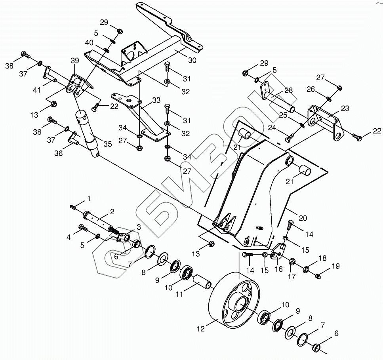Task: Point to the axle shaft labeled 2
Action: pos(99,220)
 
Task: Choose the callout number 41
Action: pos(37,90)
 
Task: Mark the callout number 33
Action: pos(156,100)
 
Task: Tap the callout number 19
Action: pos(335,266)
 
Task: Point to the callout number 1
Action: pos(89,198)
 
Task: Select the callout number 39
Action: pos(75,60)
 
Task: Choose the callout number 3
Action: pos(139,227)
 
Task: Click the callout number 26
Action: pos(311,90)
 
